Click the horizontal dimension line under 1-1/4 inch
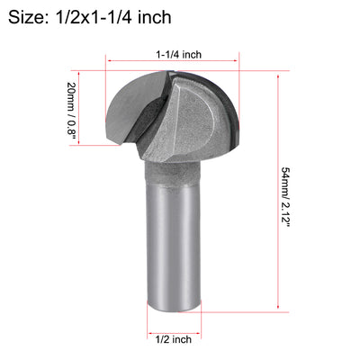pos(180,63)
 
